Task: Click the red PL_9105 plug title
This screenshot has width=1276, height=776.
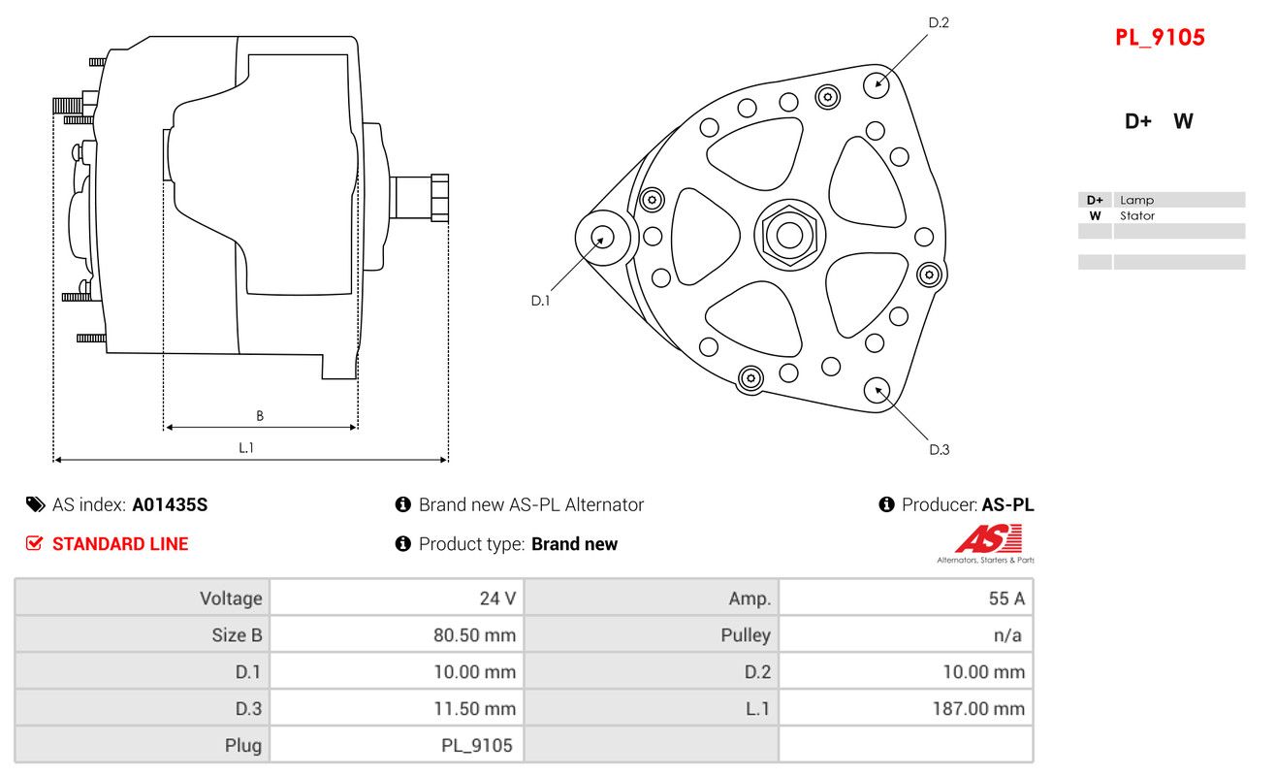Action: pyautogui.click(x=1160, y=38)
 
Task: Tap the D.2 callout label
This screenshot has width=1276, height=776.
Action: pyautogui.click(x=939, y=22)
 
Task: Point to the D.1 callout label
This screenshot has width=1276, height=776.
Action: pyautogui.click(x=541, y=301)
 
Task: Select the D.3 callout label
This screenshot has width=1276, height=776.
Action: pyautogui.click(x=940, y=450)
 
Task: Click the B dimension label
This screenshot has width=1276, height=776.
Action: pyautogui.click(x=260, y=416)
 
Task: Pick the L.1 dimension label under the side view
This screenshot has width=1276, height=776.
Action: pyautogui.click(x=246, y=448)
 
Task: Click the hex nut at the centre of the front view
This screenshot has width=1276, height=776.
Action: pyautogui.click(x=789, y=236)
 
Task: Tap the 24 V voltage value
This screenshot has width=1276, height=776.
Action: pyautogui.click(x=497, y=598)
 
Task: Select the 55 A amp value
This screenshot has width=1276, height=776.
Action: pyautogui.click(x=1006, y=598)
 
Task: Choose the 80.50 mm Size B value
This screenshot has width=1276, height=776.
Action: pyautogui.click(x=474, y=635)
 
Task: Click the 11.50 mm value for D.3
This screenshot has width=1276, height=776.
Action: pyautogui.click(x=474, y=709)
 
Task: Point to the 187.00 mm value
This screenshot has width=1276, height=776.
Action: pyautogui.click(x=978, y=709)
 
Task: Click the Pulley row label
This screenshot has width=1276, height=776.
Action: pyautogui.click(x=746, y=635)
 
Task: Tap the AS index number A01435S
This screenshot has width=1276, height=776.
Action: pyautogui.click(x=170, y=504)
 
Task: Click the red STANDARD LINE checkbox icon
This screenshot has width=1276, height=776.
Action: pyautogui.click(x=34, y=543)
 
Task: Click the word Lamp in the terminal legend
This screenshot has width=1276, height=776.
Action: pyautogui.click(x=1136, y=200)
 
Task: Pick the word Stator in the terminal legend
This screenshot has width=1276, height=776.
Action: pyautogui.click(x=1137, y=216)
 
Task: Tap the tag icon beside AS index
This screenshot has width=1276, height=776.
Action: pyautogui.click(x=35, y=504)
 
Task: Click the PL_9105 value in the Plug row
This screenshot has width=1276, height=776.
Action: pyautogui.click(x=477, y=746)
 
